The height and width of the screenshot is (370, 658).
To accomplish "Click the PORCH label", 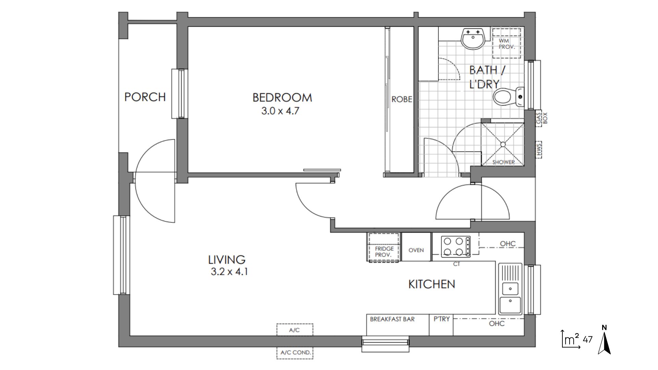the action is [x=145, y=97].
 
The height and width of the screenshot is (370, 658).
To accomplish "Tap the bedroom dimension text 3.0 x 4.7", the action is [x=280, y=111].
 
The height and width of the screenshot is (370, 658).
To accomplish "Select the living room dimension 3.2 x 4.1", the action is [x=229, y=272].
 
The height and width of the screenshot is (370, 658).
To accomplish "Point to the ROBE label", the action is [x=402, y=100].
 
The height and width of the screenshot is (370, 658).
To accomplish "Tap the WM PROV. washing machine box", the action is [x=507, y=44].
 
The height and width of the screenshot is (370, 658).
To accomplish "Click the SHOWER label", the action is [x=503, y=162].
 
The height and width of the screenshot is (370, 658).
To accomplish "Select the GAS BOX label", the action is [x=542, y=119].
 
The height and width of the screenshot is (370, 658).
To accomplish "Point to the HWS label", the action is [x=539, y=150].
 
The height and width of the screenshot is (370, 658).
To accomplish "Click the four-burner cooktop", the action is [x=455, y=247].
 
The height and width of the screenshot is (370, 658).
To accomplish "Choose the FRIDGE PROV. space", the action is [x=384, y=247].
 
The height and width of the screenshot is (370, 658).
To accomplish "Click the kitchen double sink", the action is [x=510, y=289].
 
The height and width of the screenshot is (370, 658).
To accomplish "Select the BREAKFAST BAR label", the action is [x=392, y=319].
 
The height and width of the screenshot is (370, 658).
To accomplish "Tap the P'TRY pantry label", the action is [x=441, y=319].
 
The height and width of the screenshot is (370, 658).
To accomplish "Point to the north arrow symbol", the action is [x=605, y=340].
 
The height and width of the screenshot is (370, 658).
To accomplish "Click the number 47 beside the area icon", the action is [x=588, y=340].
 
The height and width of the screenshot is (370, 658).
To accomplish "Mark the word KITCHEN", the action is [x=432, y=284].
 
